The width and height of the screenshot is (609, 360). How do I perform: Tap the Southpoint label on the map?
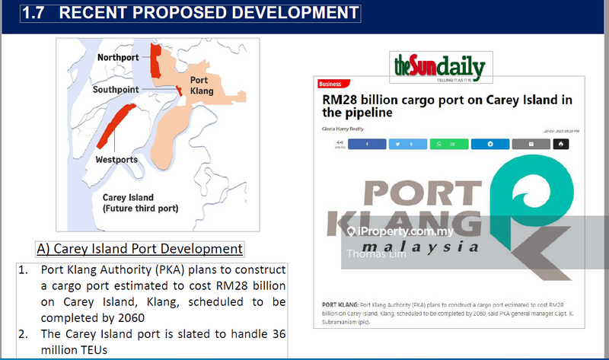[x=116, y=90]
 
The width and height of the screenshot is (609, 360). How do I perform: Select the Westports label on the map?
[x=116, y=160]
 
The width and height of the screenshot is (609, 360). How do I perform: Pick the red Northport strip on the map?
[x=156, y=60]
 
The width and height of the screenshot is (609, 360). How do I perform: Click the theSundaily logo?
[x=439, y=67]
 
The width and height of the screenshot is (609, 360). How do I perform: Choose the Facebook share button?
[x=366, y=143]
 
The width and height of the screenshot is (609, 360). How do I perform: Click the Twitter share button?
[x=407, y=143]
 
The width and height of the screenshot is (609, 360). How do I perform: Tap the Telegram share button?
[x=489, y=143]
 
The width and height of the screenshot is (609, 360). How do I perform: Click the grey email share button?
[x=531, y=143]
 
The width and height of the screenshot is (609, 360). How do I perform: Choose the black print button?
[x=561, y=143]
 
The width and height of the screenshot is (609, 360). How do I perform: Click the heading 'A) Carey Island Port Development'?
[x=139, y=249]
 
